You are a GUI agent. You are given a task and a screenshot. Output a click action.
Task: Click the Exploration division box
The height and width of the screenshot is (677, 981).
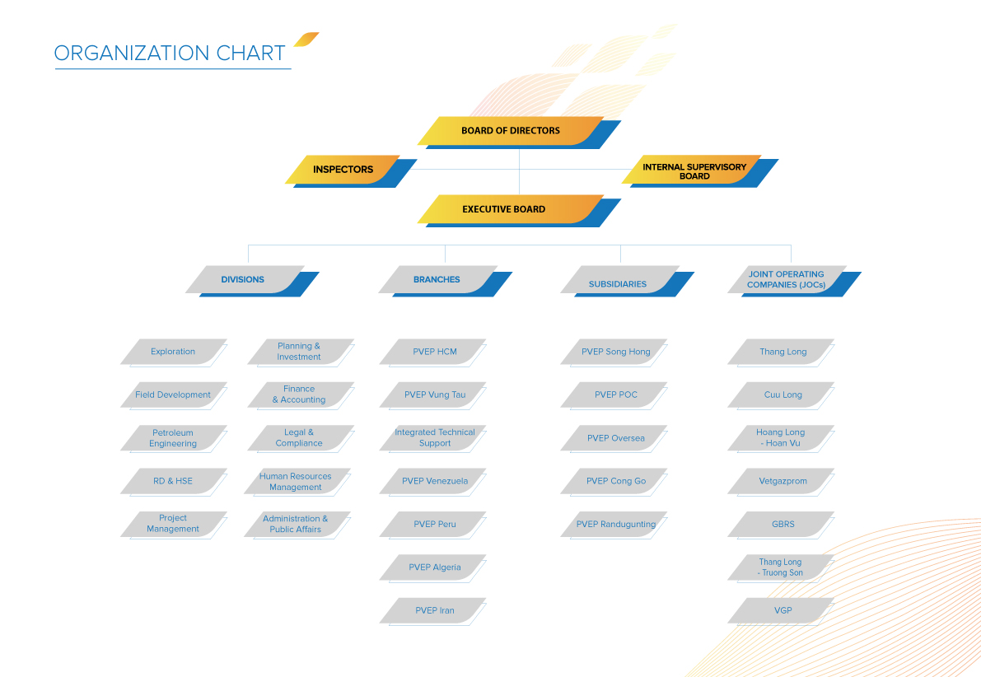(x=173, y=353)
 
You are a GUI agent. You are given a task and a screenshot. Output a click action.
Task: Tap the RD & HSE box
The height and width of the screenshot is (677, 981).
(x=173, y=483)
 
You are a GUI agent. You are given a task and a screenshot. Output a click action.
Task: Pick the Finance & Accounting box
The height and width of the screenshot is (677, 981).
(x=301, y=396)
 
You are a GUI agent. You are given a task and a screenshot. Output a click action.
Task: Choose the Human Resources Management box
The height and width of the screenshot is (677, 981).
(x=297, y=483)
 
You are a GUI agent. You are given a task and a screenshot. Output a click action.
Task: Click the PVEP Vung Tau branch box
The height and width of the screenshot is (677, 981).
(x=433, y=396)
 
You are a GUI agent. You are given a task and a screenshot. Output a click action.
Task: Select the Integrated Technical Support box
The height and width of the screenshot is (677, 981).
(x=433, y=439)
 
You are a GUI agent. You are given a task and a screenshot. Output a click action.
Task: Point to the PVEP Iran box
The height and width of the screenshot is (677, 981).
(x=433, y=611)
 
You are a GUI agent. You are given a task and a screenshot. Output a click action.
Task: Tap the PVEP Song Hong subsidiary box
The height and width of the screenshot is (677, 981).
(x=614, y=353)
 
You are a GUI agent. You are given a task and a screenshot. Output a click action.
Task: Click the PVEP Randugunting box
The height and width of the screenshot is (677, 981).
(x=614, y=525)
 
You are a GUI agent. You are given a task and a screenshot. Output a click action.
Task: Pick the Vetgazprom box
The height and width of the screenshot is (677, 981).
(x=781, y=483)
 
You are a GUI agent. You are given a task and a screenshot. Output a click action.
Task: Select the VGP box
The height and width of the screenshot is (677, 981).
(x=781, y=611)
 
